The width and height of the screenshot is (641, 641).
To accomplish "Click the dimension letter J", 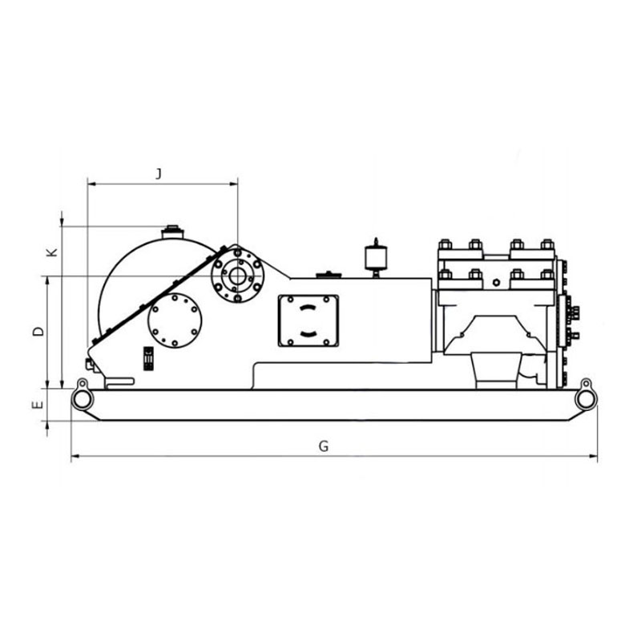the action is tap(159, 174).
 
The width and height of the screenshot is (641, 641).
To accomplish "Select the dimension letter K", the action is tap(52, 252).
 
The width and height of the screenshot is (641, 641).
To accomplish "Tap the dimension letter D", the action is tap(38, 331).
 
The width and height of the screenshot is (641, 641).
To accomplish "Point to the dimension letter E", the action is tap(38, 405).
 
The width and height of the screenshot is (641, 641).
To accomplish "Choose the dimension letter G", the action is tap(324, 446).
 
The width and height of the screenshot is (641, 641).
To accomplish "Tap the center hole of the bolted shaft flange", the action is tap(237, 276).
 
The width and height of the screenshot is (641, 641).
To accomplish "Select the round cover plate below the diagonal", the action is tap(175, 320).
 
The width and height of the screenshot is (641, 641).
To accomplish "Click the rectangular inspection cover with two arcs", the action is tap(308, 321).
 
